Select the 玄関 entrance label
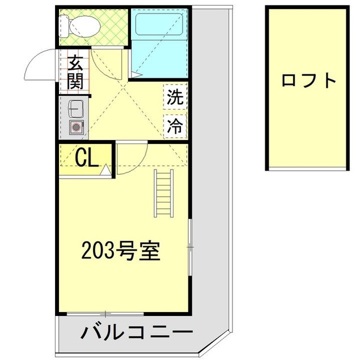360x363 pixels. click(x=75, y=72)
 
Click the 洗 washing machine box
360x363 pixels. click(x=175, y=96)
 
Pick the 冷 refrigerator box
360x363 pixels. click(x=175, y=126)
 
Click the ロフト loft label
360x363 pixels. click(x=308, y=80)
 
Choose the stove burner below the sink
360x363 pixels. click(x=75, y=127)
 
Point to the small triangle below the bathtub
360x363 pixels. click(x=137, y=74)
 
